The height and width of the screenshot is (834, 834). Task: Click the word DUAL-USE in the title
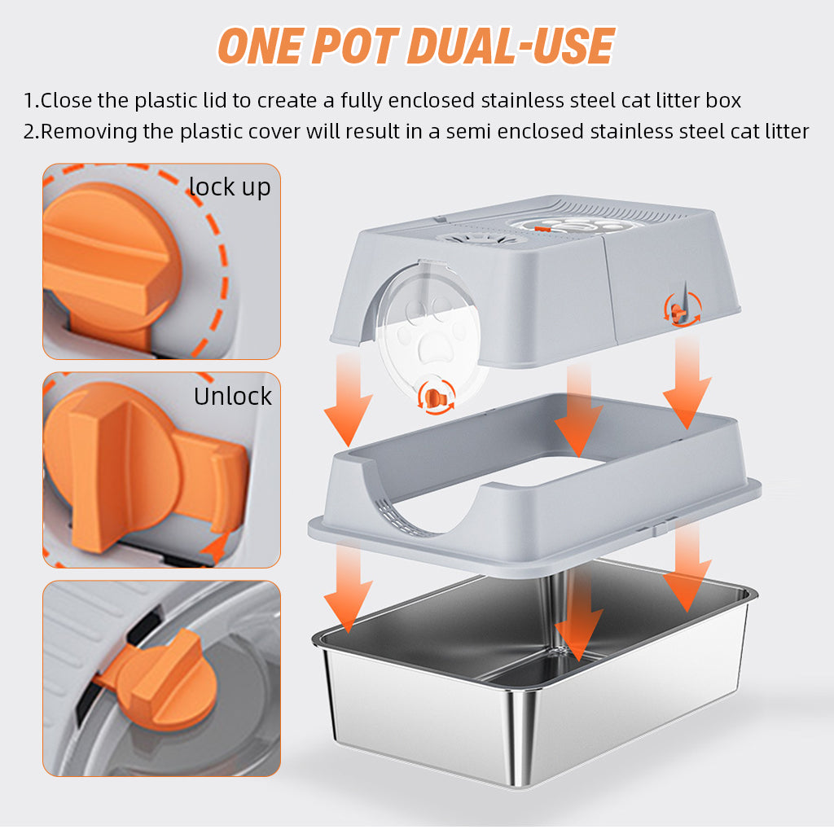pyautogui.click(x=511, y=46)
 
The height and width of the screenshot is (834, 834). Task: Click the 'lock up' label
pyautogui.click(x=230, y=187)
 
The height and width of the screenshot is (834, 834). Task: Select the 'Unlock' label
pyautogui.click(x=232, y=396)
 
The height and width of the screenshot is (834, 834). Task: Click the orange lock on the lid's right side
pyautogui.click(x=682, y=310)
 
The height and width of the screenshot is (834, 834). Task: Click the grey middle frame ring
pyautogui.click(x=534, y=511)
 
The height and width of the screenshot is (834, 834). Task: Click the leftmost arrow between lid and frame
pyautogui.click(x=349, y=399)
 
